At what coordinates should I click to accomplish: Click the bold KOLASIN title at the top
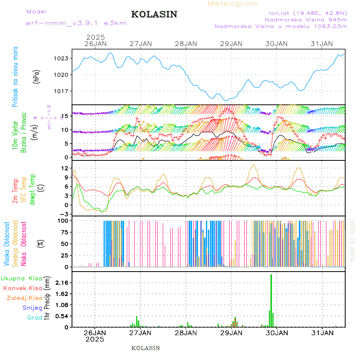pyautogui.click(x=154, y=14)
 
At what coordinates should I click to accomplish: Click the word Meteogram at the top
pyautogui.click(x=233, y=4)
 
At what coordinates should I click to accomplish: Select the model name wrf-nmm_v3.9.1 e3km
pyautogui.click(x=76, y=23)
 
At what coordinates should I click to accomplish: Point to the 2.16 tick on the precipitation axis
pyautogui.click(x=62, y=283)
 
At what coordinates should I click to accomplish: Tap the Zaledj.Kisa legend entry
pyautogui.click(x=25, y=298)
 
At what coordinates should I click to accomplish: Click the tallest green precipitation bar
pyautogui.click(x=271, y=300)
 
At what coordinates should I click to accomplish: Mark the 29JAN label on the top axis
pyautogui.click(x=231, y=44)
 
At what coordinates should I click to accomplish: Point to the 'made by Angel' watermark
pyautogui.click(x=352, y=240)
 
